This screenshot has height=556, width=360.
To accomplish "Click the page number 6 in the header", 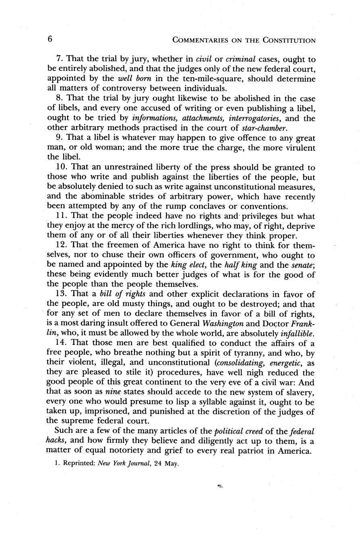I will (50, 39).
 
